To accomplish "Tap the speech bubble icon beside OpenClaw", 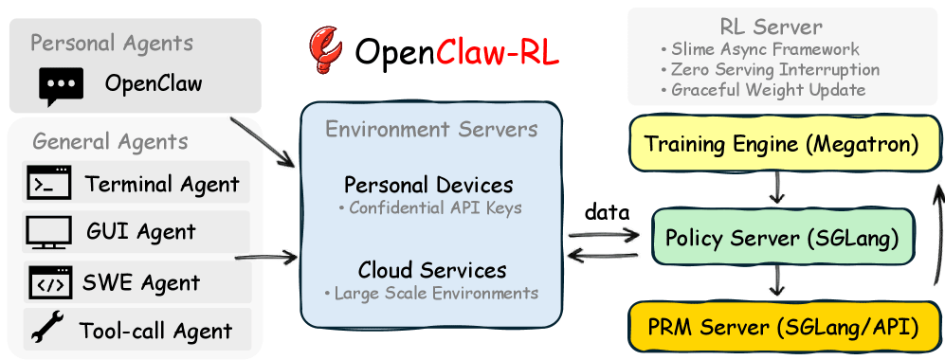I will click(61, 85).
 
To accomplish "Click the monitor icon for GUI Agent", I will click(49, 232).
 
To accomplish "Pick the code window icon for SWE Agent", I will click(49, 281).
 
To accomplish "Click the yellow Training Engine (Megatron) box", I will click(781, 144).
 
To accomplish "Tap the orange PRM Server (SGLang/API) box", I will click(781, 328).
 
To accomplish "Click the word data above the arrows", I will click(607, 213).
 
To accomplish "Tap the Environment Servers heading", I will click(431, 130).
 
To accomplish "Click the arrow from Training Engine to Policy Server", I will click(777, 189).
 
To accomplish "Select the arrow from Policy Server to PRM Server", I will click(777, 281).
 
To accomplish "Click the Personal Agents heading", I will click(111, 44).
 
